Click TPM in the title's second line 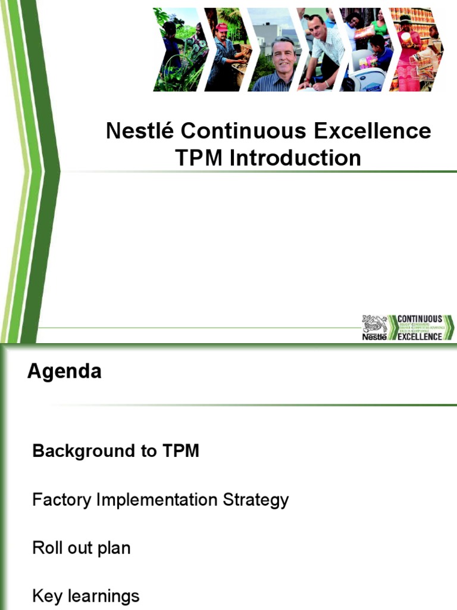(200, 158)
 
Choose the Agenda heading (64, 372)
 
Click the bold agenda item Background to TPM (115, 451)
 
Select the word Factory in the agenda (62, 499)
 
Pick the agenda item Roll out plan (81, 547)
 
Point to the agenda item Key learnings (86, 596)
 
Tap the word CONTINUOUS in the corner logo (420, 319)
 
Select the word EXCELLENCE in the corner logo (420, 337)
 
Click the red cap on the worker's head (222, 27)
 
